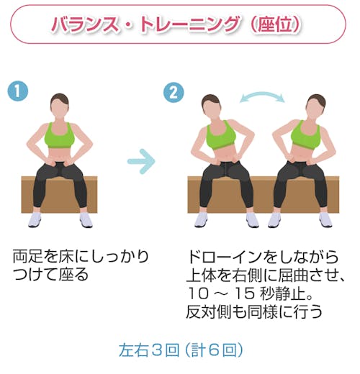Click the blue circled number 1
18,91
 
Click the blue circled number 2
174,93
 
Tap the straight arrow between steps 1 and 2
142,161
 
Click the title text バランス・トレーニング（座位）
176,24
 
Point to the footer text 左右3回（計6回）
181,350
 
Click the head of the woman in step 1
60,105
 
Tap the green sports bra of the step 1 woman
60,135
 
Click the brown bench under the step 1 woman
59,194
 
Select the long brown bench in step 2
264,194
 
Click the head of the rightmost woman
315,106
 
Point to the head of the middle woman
212,106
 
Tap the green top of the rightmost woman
306,136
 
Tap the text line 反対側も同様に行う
254,311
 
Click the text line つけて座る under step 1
50,275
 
